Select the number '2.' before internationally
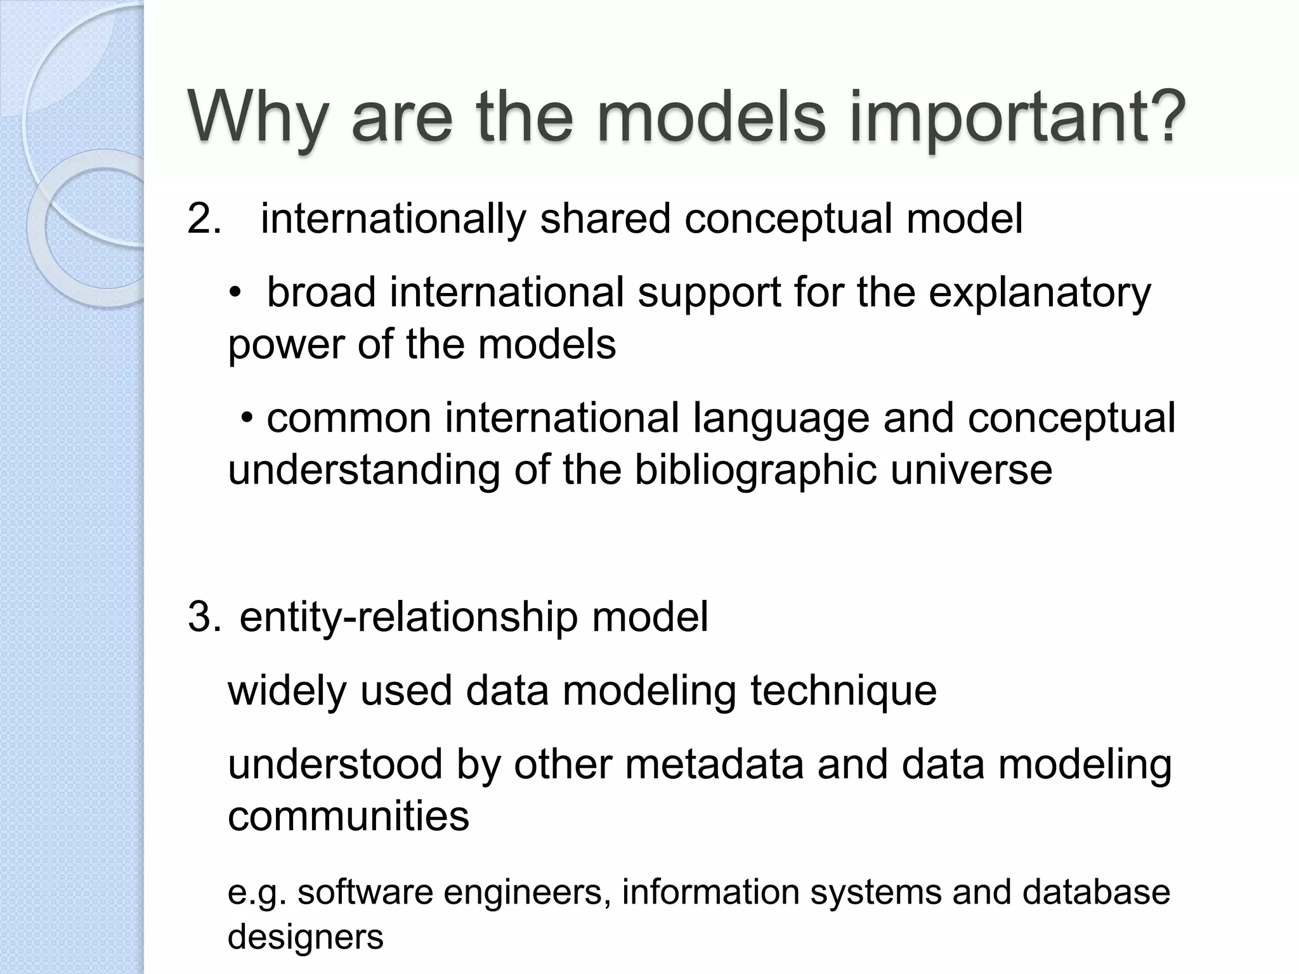(x=204, y=219)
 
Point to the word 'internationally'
(x=393, y=219)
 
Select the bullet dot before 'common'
(x=248, y=419)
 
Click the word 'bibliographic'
(x=755, y=471)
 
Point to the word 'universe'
(x=971, y=471)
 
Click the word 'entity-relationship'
(x=408, y=617)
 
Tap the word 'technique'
(x=844, y=691)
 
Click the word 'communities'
(x=348, y=816)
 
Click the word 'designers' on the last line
(x=305, y=937)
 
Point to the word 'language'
(x=781, y=419)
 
